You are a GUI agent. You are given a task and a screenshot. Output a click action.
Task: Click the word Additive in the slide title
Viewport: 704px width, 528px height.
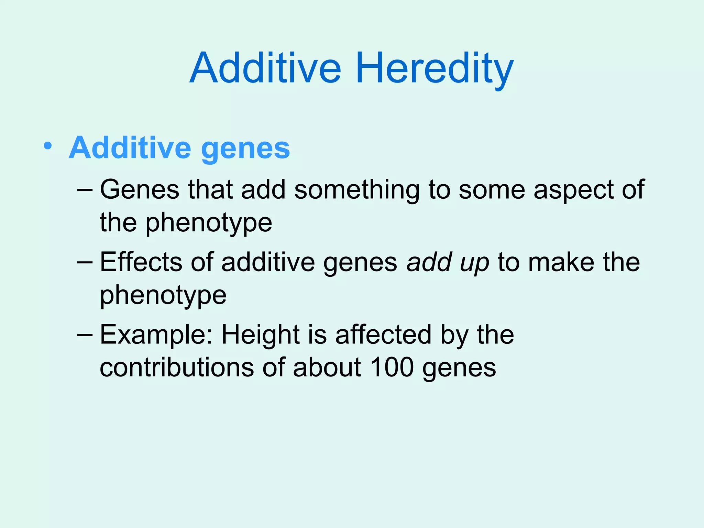coord(265,68)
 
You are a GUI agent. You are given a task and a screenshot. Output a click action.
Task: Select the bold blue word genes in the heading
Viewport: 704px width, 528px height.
coord(245,149)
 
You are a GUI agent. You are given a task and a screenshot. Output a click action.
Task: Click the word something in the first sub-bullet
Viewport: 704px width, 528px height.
coord(357,190)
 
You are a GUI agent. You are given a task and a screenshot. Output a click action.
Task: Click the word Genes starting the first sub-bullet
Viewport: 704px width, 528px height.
coord(140,190)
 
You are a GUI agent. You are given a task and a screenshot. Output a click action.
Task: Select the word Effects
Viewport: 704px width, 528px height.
coord(141,262)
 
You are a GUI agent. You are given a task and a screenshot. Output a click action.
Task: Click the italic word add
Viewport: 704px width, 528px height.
coord(428,262)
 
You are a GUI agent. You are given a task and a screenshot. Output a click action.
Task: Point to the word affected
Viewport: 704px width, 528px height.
coord(383,334)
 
